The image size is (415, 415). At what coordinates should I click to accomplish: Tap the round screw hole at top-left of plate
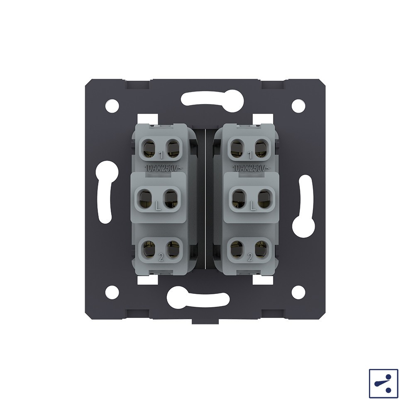[112, 106]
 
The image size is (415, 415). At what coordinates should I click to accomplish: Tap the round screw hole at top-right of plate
[298, 106]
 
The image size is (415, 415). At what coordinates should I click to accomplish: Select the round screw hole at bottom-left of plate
[112, 292]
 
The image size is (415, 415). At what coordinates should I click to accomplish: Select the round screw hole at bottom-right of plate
[298, 292]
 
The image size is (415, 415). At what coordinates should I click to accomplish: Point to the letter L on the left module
[158, 206]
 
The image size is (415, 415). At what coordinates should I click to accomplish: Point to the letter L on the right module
[253, 206]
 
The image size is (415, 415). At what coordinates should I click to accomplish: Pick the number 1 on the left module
[161, 155]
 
